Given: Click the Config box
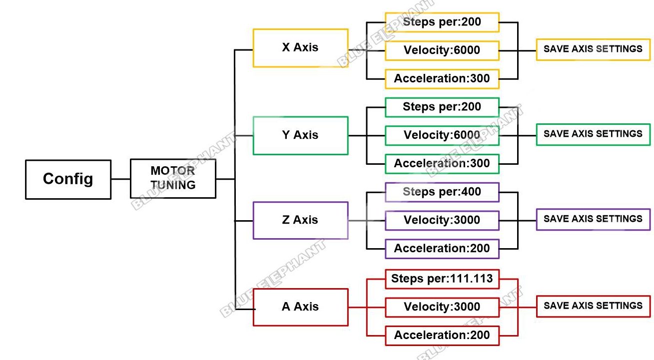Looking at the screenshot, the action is (x=68, y=179).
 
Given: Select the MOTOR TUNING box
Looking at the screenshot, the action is (x=173, y=179).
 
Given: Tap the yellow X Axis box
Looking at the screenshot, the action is (x=300, y=48).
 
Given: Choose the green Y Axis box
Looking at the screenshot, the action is (x=300, y=135).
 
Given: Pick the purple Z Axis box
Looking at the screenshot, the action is (x=300, y=220).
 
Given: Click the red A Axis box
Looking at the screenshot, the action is (x=300, y=307).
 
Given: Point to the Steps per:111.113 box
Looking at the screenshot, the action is (x=442, y=279).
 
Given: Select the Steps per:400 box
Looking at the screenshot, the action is (x=442, y=192).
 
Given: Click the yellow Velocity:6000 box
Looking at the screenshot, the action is (x=442, y=50).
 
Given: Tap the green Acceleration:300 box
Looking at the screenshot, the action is (x=442, y=164).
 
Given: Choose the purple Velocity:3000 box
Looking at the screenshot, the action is (x=442, y=220).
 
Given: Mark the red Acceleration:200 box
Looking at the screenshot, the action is (x=442, y=336).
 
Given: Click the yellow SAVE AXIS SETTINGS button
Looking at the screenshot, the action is (x=593, y=49).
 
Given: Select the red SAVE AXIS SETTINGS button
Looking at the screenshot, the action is (x=593, y=306).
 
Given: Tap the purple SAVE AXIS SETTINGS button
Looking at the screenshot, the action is (x=593, y=219).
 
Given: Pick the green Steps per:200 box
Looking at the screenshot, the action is (x=442, y=107).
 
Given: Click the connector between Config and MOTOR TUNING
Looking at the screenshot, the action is (x=120, y=179).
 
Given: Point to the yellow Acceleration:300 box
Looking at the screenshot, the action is (x=442, y=79).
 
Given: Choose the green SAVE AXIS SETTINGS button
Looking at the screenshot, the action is (x=593, y=134).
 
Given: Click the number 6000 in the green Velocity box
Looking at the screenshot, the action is (x=467, y=135).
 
